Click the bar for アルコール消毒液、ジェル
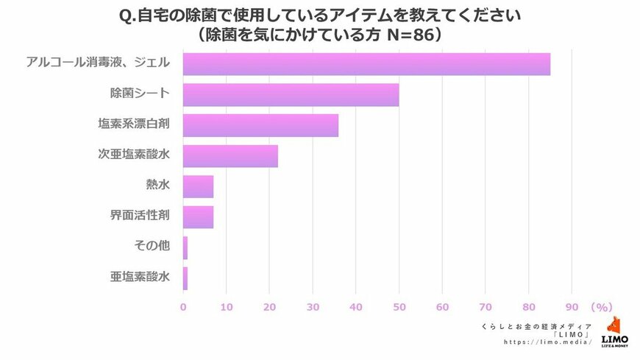click(x=366, y=64)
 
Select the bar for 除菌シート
click(x=291, y=95)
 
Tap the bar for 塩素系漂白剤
click(x=260, y=125)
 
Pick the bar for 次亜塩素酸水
click(x=230, y=156)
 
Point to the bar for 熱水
click(x=198, y=186)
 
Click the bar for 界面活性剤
click(x=198, y=217)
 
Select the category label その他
click(x=152, y=247)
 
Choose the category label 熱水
click(x=158, y=186)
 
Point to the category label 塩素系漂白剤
click(x=134, y=125)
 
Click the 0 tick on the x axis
click(x=183, y=306)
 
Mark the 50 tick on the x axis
click(x=399, y=306)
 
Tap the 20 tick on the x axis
click(x=269, y=306)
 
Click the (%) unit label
click(x=601, y=306)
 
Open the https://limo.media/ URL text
click(x=548, y=342)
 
